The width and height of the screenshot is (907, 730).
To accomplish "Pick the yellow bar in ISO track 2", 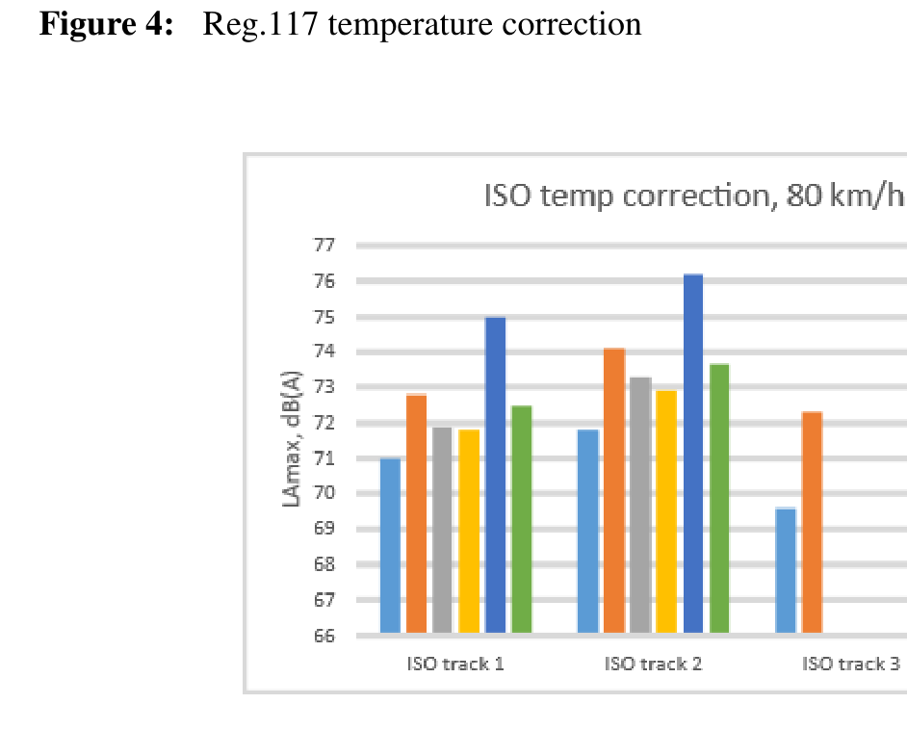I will (x=666, y=510).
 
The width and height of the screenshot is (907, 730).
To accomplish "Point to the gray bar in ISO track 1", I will (x=443, y=529).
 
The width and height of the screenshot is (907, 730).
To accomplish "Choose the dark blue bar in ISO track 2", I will (x=692, y=453).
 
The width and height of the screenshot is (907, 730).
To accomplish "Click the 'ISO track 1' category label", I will (x=453, y=664).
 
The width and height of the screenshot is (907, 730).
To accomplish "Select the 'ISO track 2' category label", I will (x=650, y=664).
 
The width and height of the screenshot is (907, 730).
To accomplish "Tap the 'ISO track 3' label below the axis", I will (x=848, y=664).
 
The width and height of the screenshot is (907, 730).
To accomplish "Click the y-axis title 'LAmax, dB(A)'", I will (x=292, y=442).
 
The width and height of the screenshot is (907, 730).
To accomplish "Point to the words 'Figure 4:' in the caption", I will (x=106, y=24).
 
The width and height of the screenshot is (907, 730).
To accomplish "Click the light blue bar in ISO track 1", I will (x=390, y=545).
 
